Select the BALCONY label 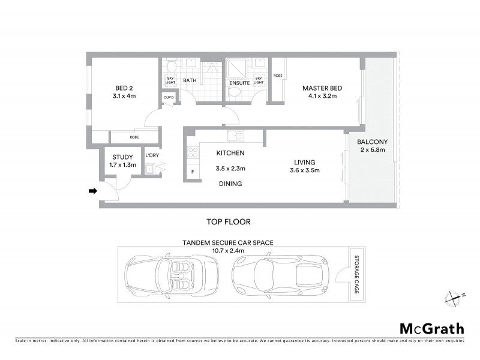372,142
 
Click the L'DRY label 152,156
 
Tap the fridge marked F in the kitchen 193,172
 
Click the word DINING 230,184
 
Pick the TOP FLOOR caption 228,221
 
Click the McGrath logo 431,328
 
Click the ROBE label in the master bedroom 278,76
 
